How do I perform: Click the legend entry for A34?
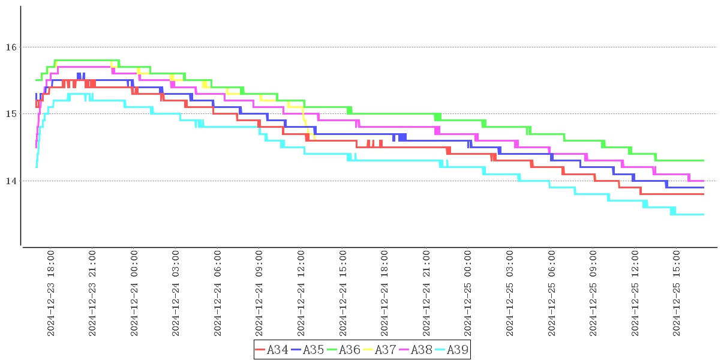[271, 350]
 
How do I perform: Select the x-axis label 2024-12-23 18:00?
[51, 294]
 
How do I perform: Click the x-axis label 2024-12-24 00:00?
[134, 294]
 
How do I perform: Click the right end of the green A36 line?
[703, 160]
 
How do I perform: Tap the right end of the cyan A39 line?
[703, 214]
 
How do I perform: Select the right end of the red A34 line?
[703, 194]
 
